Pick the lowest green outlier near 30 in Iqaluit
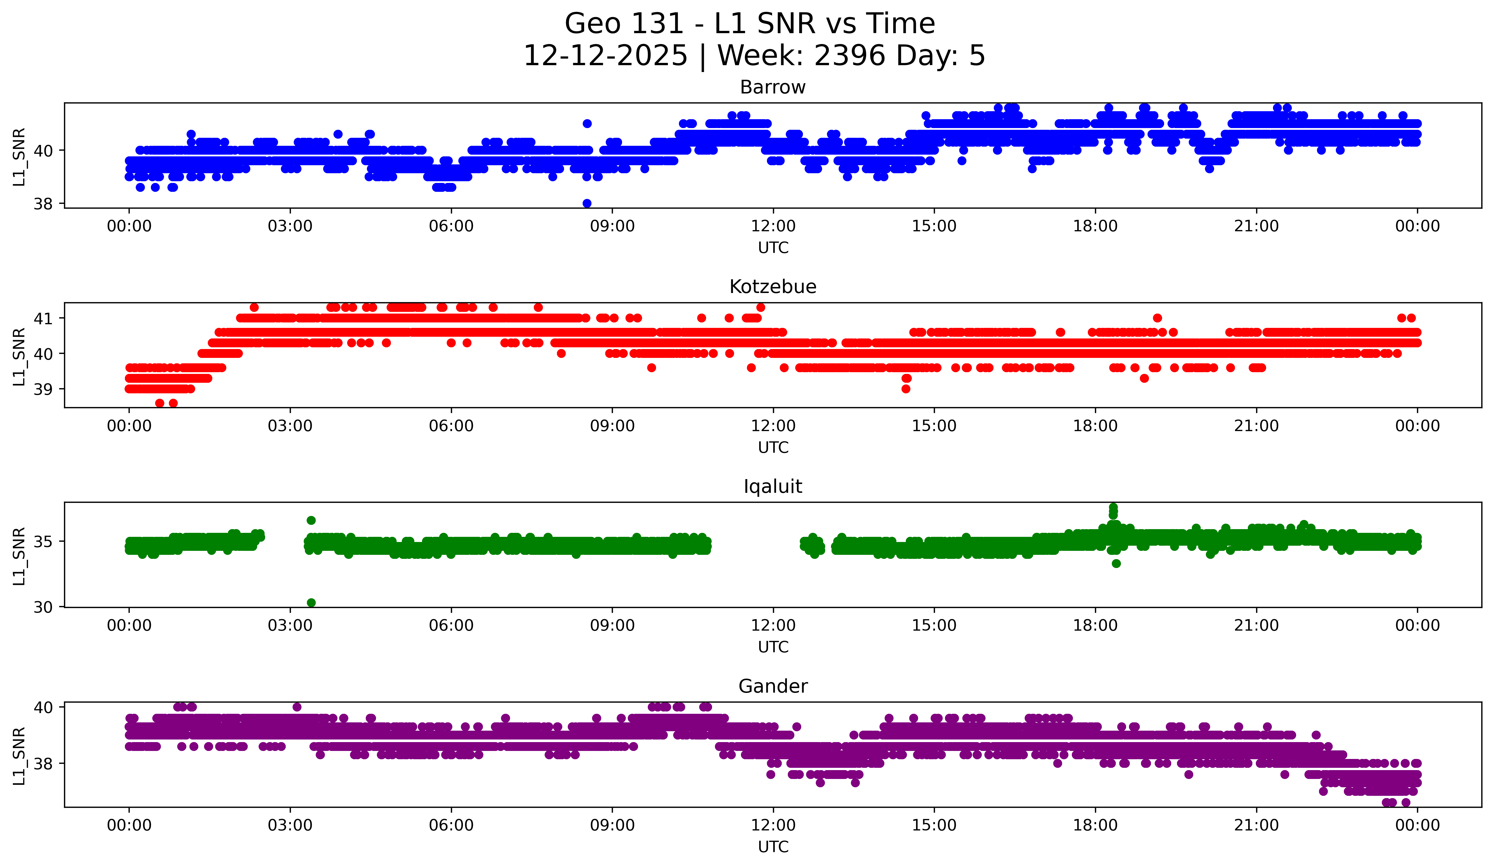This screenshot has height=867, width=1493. click(311, 603)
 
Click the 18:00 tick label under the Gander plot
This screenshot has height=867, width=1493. click(1095, 826)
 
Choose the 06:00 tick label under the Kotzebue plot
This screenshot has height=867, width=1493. click(451, 426)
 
